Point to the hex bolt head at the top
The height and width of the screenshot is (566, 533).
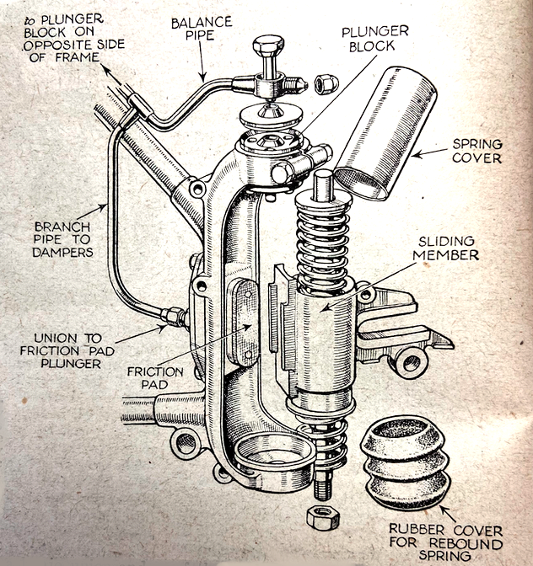[267, 50]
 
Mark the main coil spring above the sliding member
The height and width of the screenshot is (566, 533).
[323, 237]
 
